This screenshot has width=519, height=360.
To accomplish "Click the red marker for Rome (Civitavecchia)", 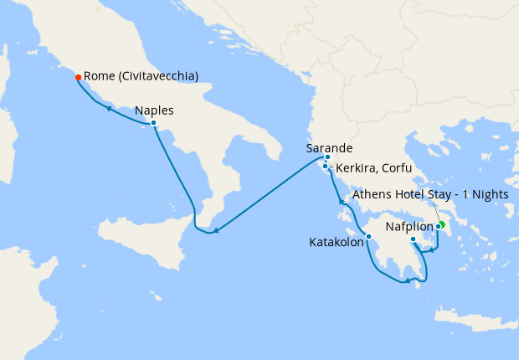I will click(x=78, y=78).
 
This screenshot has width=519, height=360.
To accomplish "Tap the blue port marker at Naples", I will click(x=153, y=123).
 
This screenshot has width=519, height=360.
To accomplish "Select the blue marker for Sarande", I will click(x=327, y=157).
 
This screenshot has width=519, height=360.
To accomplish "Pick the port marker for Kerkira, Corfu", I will click(x=325, y=167).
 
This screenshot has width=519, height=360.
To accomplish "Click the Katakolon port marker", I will click(x=368, y=236).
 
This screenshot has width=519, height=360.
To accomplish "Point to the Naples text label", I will click(x=154, y=109).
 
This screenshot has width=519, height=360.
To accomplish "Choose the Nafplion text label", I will click(x=409, y=227).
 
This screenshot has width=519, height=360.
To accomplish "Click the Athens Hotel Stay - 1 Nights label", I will click(x=430, y=194).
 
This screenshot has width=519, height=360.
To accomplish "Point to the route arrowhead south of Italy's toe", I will click(x=216, y=230).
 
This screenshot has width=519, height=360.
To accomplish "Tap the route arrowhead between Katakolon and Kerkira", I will click(x=340, y=202).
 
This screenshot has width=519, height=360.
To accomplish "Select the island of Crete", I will click(x=477, y=316).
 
